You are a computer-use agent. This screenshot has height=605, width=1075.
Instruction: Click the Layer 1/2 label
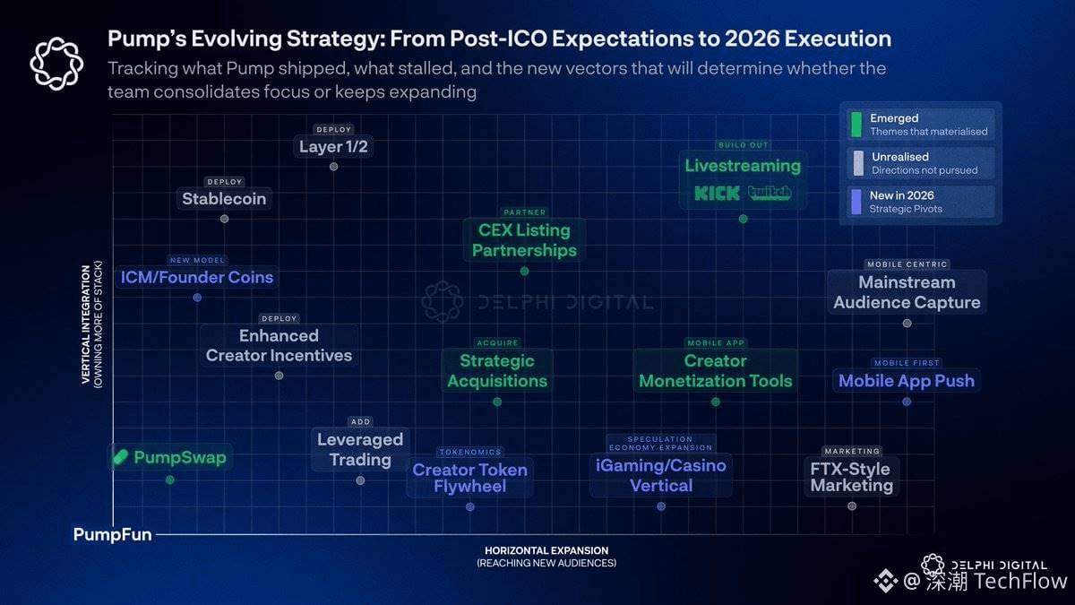point(333,147)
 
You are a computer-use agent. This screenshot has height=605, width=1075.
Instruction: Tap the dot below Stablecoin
point(224,219)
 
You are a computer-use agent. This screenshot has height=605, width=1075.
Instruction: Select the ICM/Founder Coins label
point(197,278)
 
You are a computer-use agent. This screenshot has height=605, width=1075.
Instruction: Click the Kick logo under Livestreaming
point(717,193)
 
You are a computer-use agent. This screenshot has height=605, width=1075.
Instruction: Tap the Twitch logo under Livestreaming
point(770,193)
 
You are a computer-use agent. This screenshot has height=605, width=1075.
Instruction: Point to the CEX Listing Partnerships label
point(524,240)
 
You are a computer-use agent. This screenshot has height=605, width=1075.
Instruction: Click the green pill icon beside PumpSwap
point(121,458)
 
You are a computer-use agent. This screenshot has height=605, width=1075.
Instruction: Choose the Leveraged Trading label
point(360,450)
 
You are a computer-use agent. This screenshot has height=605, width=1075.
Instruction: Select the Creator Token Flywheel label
point(470,479)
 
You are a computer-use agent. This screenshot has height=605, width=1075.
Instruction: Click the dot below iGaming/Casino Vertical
point(661,506)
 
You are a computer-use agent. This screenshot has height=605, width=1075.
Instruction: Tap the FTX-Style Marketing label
point(851,477)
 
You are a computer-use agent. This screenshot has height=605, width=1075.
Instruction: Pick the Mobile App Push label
point(907,381)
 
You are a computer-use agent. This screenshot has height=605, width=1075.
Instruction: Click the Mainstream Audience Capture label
point(907,292)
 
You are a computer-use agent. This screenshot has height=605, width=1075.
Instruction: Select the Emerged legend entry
point(920,125)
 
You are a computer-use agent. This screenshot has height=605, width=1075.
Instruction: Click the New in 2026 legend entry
point(920,202)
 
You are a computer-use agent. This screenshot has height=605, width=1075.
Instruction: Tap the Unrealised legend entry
point(920,163)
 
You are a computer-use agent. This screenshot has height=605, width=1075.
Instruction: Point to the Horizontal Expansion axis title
point(546,551)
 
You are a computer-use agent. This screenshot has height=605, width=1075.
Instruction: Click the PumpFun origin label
point(112,535)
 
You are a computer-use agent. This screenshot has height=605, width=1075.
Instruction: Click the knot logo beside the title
point(56,64)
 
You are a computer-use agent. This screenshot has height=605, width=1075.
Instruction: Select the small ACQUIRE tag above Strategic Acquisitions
point(497,343)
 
